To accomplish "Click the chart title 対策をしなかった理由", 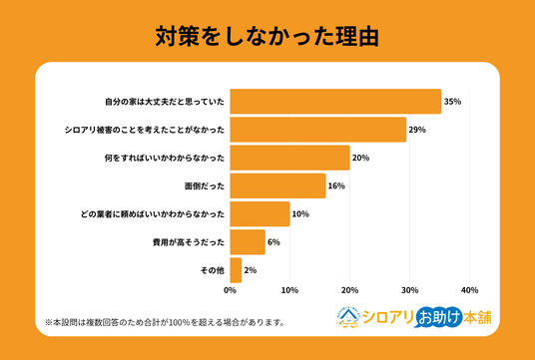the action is point(267,37).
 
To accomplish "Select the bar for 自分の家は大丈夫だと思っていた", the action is point(335,102).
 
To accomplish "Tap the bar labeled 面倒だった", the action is point(278,185).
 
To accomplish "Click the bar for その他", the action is point(236,270).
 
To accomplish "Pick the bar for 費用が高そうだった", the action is point(248,242).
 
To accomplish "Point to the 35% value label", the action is point(452,102).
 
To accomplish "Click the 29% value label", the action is point(417,130).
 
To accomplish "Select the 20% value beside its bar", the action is point(360,158).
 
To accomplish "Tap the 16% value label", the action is point(336,186).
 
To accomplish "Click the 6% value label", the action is point(273,242).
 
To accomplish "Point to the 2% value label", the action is point(251,270).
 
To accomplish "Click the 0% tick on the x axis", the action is point(231,290).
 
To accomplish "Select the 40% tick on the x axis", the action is point(469,290).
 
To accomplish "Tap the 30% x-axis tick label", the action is point(410,290).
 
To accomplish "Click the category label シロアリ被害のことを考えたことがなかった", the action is point(145,130).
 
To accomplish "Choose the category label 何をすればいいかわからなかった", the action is point(165,159).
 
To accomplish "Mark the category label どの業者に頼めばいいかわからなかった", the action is point(153,214).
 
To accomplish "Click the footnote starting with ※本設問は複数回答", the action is point(165,322).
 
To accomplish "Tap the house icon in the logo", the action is point(348,317).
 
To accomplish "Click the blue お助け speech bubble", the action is point(439,317).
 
